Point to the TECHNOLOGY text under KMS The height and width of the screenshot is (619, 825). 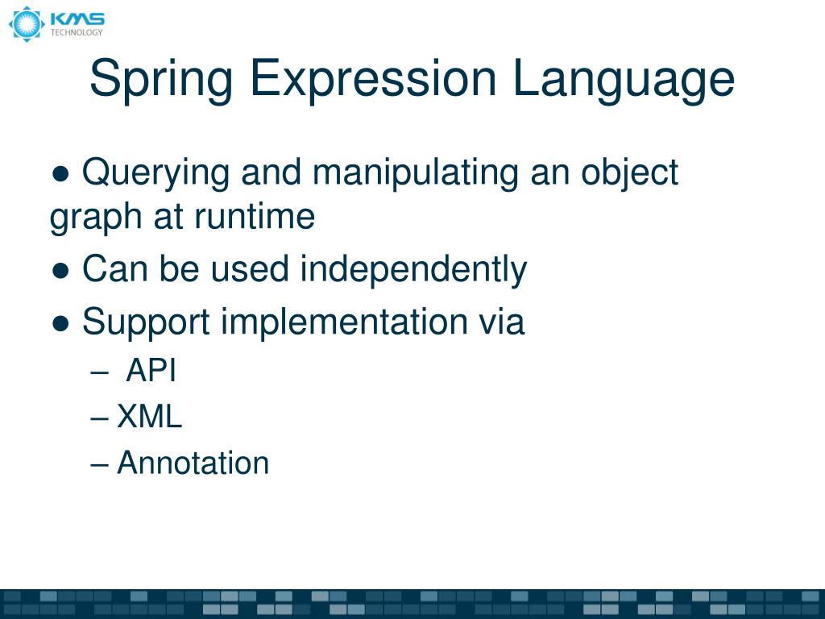point(77,33)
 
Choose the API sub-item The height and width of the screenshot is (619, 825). point(151,372)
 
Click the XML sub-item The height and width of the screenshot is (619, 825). point(150,418)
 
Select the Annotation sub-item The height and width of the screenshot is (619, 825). point(193,463)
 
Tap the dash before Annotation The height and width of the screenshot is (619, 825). point(100,464)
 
